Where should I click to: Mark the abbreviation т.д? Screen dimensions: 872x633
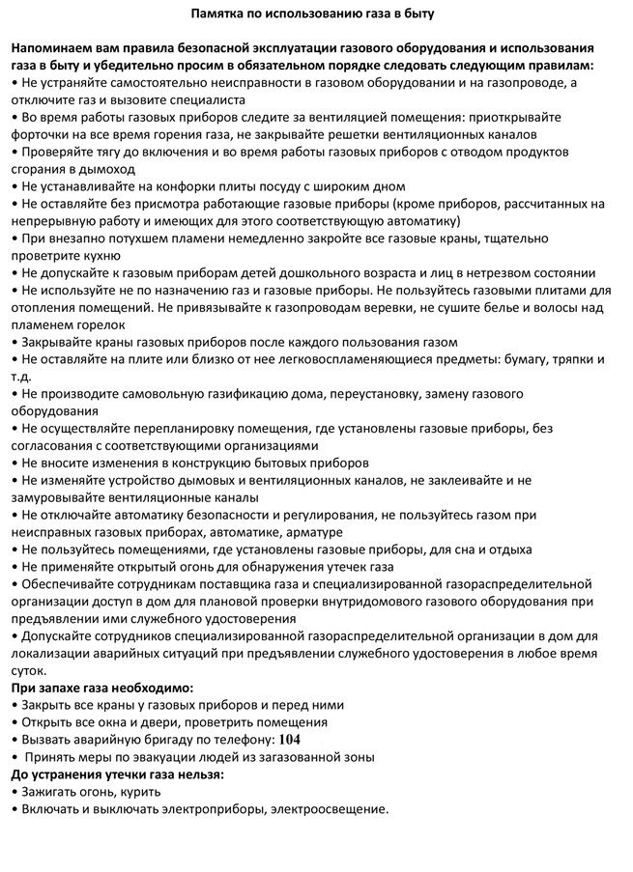[20, 377]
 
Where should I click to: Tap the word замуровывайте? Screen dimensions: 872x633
[62, 497]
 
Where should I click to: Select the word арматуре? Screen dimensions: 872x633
[309, 532]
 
